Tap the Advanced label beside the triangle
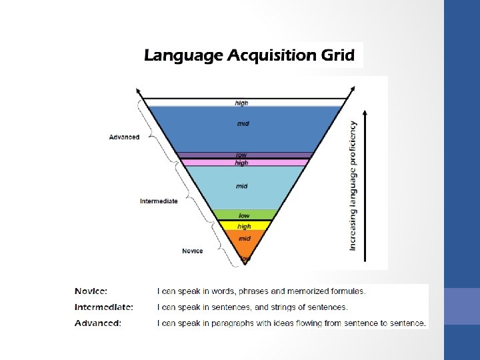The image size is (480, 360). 125,137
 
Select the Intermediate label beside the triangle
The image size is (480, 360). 159,201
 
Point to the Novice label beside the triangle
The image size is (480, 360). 193,251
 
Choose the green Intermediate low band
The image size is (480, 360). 244,215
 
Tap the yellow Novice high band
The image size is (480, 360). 244,226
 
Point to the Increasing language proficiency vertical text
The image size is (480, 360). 353,185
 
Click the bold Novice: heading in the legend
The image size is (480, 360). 91,291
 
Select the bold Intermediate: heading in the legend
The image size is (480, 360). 104,307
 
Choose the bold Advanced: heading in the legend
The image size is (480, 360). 98,323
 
